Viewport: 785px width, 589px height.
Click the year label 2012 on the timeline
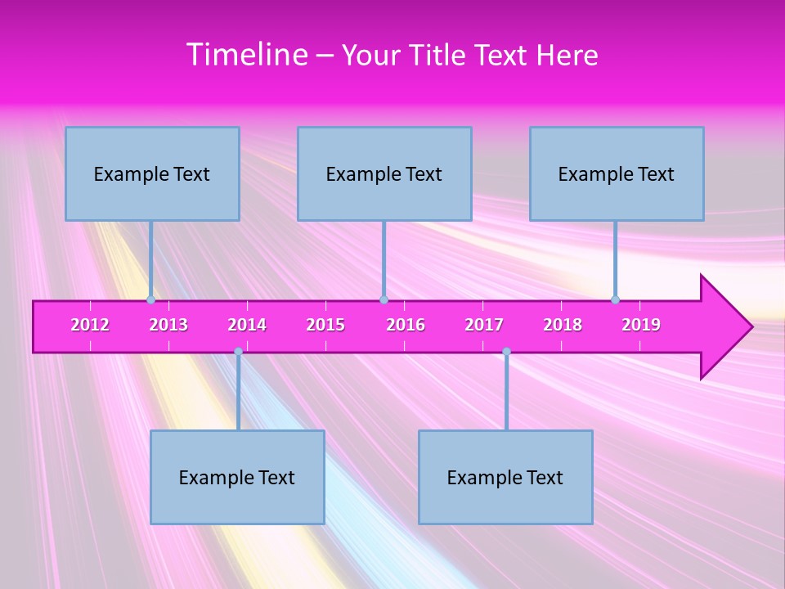click(90, 325)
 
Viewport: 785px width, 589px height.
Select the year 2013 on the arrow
click(168, 325)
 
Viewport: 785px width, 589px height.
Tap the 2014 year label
click(247, 325)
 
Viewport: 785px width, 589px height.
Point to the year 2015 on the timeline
click(325, 325)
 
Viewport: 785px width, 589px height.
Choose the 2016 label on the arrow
click(406, 325)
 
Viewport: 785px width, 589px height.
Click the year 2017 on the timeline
click(484, 325)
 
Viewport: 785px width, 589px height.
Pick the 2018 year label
click(563, 325)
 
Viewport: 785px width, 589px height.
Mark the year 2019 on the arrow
click(641, 325)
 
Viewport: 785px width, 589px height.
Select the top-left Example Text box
click(152, 173)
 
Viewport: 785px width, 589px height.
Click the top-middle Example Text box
click(384, 173)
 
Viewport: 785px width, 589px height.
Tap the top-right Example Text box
click(617, 173)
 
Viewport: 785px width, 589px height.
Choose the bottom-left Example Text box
click(237, 477)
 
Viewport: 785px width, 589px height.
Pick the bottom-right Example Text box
click(505, 477)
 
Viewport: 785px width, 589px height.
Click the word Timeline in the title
click(246, 55)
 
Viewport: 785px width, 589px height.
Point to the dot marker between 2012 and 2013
click(150, 299)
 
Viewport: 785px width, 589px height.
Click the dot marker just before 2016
click(384, 299)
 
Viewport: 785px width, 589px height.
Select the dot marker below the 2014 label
click(238, 351)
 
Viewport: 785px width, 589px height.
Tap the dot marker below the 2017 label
click(506, 351)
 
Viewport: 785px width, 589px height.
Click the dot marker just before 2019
click(615, 299)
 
